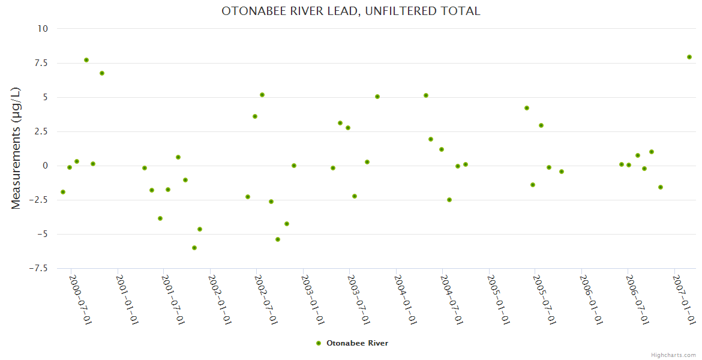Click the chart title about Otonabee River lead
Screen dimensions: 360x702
click(351, 11)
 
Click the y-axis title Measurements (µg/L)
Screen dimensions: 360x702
click(16, 148)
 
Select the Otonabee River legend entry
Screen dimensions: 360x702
click(353, 343)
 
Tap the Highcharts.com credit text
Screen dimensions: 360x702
click(673, 355)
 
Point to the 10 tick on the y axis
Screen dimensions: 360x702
click(43, 29)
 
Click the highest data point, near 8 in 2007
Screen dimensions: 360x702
click(689, 57)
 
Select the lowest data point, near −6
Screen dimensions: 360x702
click(194, 248)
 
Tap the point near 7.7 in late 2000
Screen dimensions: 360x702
click(86, 60)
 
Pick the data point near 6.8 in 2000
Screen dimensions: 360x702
click(102, 73)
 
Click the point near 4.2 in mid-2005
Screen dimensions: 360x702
click(527, 108)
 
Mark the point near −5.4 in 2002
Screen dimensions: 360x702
click(278, 239)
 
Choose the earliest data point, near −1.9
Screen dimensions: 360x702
click(63, 192)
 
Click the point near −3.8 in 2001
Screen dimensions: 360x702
click(160, 218)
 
